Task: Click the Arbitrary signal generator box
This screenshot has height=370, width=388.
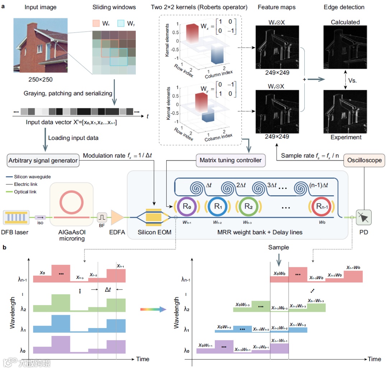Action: click(x=43, y=161)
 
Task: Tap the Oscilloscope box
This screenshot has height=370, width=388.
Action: click(x=364, y=160)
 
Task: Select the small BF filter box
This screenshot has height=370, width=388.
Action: click(x=102, y=217)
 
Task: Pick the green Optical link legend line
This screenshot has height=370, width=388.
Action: click(x=11, y=192)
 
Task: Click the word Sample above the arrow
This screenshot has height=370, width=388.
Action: click(x=279, y=248)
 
